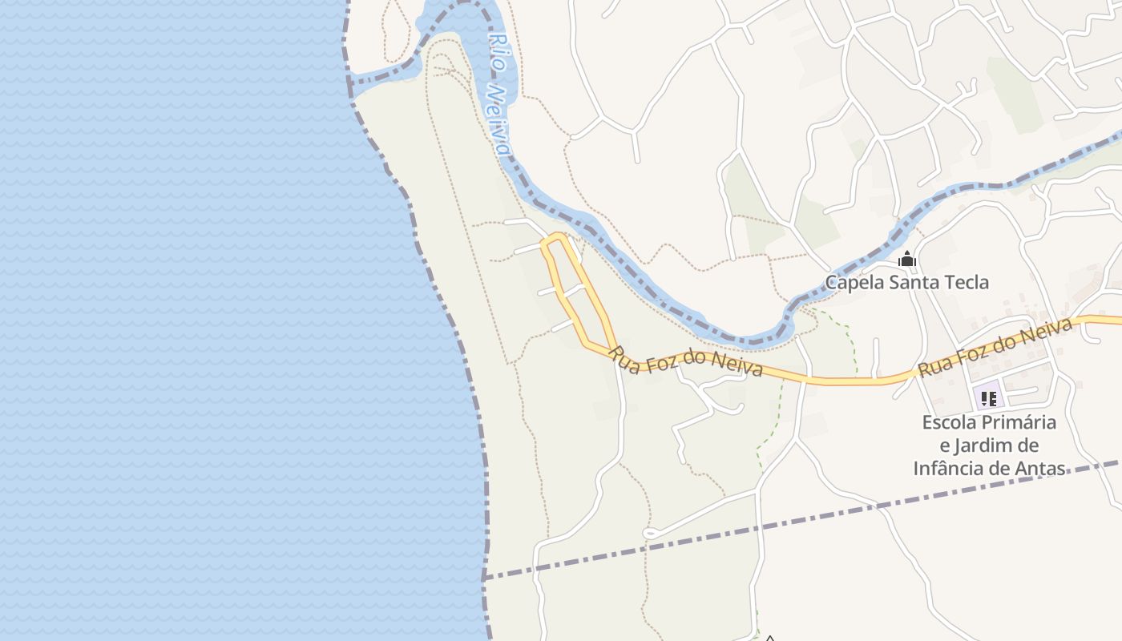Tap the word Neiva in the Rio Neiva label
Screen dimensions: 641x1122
(x=500, y=120)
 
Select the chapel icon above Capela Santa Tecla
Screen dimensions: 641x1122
(x=907, y=259)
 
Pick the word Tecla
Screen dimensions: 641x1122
(x=967, y=282)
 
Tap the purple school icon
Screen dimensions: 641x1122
(x=988, y=397)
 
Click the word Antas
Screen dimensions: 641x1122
(x=1039, y=469)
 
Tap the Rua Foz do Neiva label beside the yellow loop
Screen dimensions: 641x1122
(x=688, y=362)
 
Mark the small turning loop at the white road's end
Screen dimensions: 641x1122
(x=650, y=533)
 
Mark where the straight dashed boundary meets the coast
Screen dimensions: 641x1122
(x=484, y=578)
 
